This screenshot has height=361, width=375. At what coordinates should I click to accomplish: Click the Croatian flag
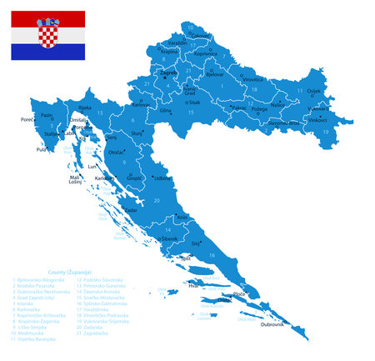[47, 35]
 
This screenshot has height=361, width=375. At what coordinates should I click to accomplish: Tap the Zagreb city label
[168, 73]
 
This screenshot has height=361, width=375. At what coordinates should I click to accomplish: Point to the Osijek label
[313, 91]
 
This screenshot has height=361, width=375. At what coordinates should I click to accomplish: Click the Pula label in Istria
[41, 150]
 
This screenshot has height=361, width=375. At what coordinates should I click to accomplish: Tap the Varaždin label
[177, 42]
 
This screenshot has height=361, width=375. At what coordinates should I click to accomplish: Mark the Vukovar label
[317, 108]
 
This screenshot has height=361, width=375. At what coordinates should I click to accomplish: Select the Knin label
[183, 218]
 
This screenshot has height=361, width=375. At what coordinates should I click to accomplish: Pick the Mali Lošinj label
[76, 180]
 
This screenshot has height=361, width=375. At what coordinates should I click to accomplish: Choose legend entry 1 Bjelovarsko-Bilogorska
[45, 280]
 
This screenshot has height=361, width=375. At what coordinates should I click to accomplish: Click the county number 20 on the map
[157, 201]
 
